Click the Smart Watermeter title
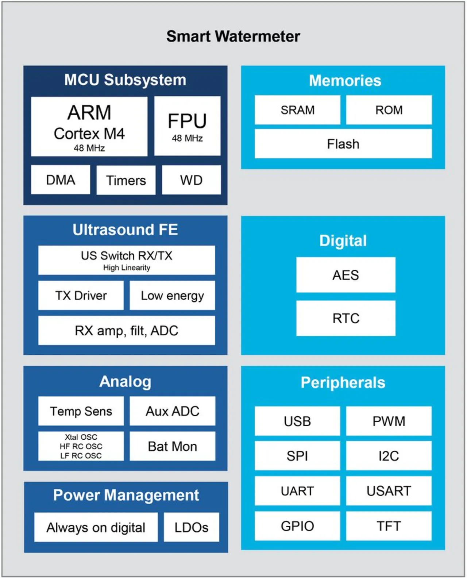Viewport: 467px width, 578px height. (233, 36)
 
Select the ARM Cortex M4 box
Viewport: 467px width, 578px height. (89, 127)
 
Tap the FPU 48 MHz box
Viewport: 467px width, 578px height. (187, 126)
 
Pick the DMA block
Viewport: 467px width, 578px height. (61, 180)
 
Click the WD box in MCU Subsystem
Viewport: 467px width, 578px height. (191, 180)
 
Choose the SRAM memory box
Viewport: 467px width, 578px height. (297, 110)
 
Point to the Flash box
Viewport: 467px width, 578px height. (343, 144)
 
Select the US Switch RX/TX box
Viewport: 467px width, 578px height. (127, 260)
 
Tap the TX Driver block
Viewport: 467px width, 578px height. (81, 295)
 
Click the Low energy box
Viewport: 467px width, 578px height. (172, 295)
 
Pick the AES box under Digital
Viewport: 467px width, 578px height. (346, 275)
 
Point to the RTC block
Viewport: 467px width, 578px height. (346, 318)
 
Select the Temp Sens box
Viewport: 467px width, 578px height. (81, 411)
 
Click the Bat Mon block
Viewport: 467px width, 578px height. (172, 446)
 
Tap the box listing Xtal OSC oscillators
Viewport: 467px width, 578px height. (81, 446)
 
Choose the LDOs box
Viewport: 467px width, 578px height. (191, 527)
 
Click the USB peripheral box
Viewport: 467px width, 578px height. (297, 421)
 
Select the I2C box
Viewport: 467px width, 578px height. (389, 456)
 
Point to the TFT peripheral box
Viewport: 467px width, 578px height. (389, 526)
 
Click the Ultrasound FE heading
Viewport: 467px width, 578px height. (125, 230)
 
